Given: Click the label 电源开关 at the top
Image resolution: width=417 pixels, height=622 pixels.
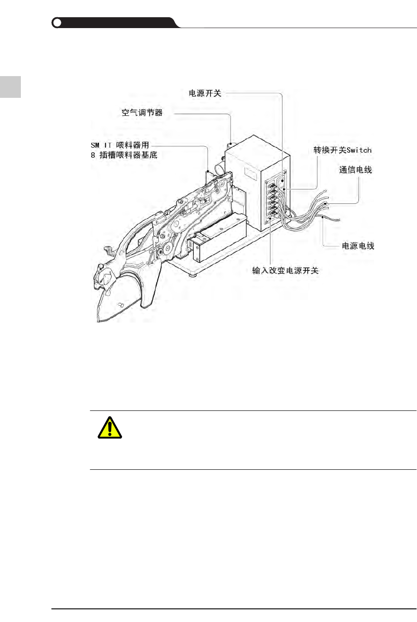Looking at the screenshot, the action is [x=205, y=93].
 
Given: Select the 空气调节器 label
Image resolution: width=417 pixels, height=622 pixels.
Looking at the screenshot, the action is [x=142, y=112].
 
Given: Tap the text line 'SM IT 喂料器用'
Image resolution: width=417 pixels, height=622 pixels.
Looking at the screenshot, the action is [x=120, y=145].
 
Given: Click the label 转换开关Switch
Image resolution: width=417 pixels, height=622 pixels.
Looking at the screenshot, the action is [x=343, y=150].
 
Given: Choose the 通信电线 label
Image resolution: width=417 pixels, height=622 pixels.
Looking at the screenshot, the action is [x=355, y=170].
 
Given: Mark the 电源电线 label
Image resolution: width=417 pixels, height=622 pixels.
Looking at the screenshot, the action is [x=358, y=246].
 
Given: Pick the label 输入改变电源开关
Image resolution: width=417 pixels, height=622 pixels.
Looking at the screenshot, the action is [x=285, y=270].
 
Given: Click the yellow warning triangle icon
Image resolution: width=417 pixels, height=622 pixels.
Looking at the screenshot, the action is [x=110, y=427].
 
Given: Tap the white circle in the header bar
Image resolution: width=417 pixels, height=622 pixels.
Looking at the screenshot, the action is [x=57, y=23].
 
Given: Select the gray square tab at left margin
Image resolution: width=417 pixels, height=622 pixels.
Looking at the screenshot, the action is [x=10, y=87].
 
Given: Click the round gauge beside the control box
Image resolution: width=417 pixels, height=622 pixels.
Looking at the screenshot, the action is [x=218, y=169].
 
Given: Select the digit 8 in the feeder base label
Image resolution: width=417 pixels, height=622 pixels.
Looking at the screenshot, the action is [x=93, y=155].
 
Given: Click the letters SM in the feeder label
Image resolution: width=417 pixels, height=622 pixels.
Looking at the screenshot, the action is [x=95, y=145].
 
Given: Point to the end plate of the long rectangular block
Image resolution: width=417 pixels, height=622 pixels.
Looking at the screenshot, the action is [x=197, y=249].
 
